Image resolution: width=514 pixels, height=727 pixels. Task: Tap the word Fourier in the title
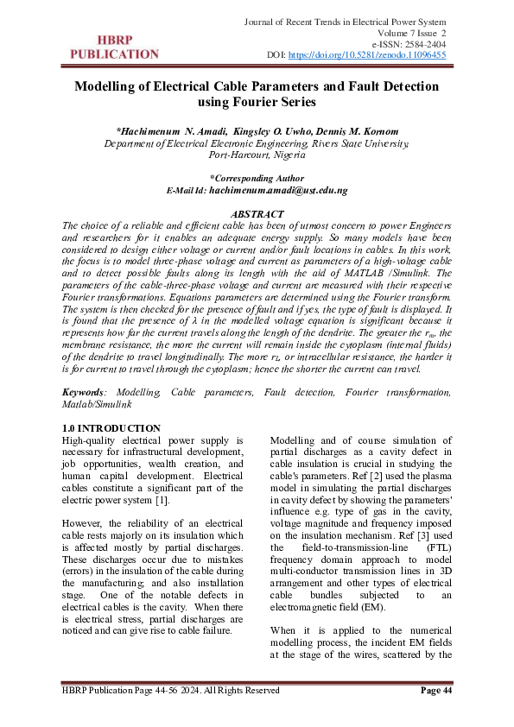251,103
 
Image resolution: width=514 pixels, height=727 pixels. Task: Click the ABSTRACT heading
257,213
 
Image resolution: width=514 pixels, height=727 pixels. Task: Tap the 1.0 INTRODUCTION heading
111,429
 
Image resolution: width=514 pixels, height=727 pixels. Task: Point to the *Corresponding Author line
257,177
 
